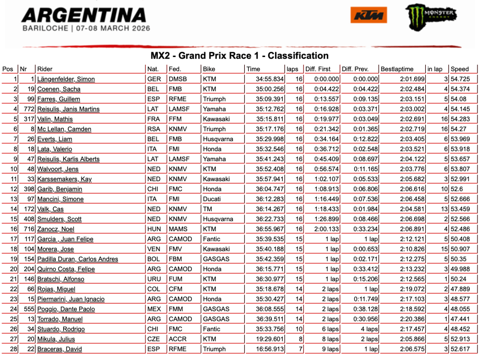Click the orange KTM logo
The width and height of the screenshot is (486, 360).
pyautogui.click(x=369, y=15)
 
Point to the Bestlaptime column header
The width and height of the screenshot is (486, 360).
pyautogui.click(x=397, y=69)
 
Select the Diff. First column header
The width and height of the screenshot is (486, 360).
pyautogui.click(x=318, y=69)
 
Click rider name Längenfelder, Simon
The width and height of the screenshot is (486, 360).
pyautogui.click(x=66, y=79)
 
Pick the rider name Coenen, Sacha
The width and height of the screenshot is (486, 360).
pyautogui.click(x=58, y=89)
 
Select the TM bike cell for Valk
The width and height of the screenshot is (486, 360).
pyautogui.click(x=207, y=209)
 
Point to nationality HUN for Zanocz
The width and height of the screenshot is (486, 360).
pyautogui.click(x=154, y=229)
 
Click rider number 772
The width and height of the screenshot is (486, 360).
pyautogui.click(x=28, y=109)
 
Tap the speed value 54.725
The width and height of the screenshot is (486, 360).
pyautogui.click(x=460, y=79)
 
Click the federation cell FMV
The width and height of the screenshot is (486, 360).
pyautogui.click(x=176, y=249)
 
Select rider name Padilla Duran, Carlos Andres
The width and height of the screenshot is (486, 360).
pyautogui.click(x=77, y=259)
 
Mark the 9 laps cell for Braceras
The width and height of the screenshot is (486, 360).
pyautogui.click(x=330, y=349)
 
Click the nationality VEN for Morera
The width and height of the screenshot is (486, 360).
pyautogui.click(x=154, y=249)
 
